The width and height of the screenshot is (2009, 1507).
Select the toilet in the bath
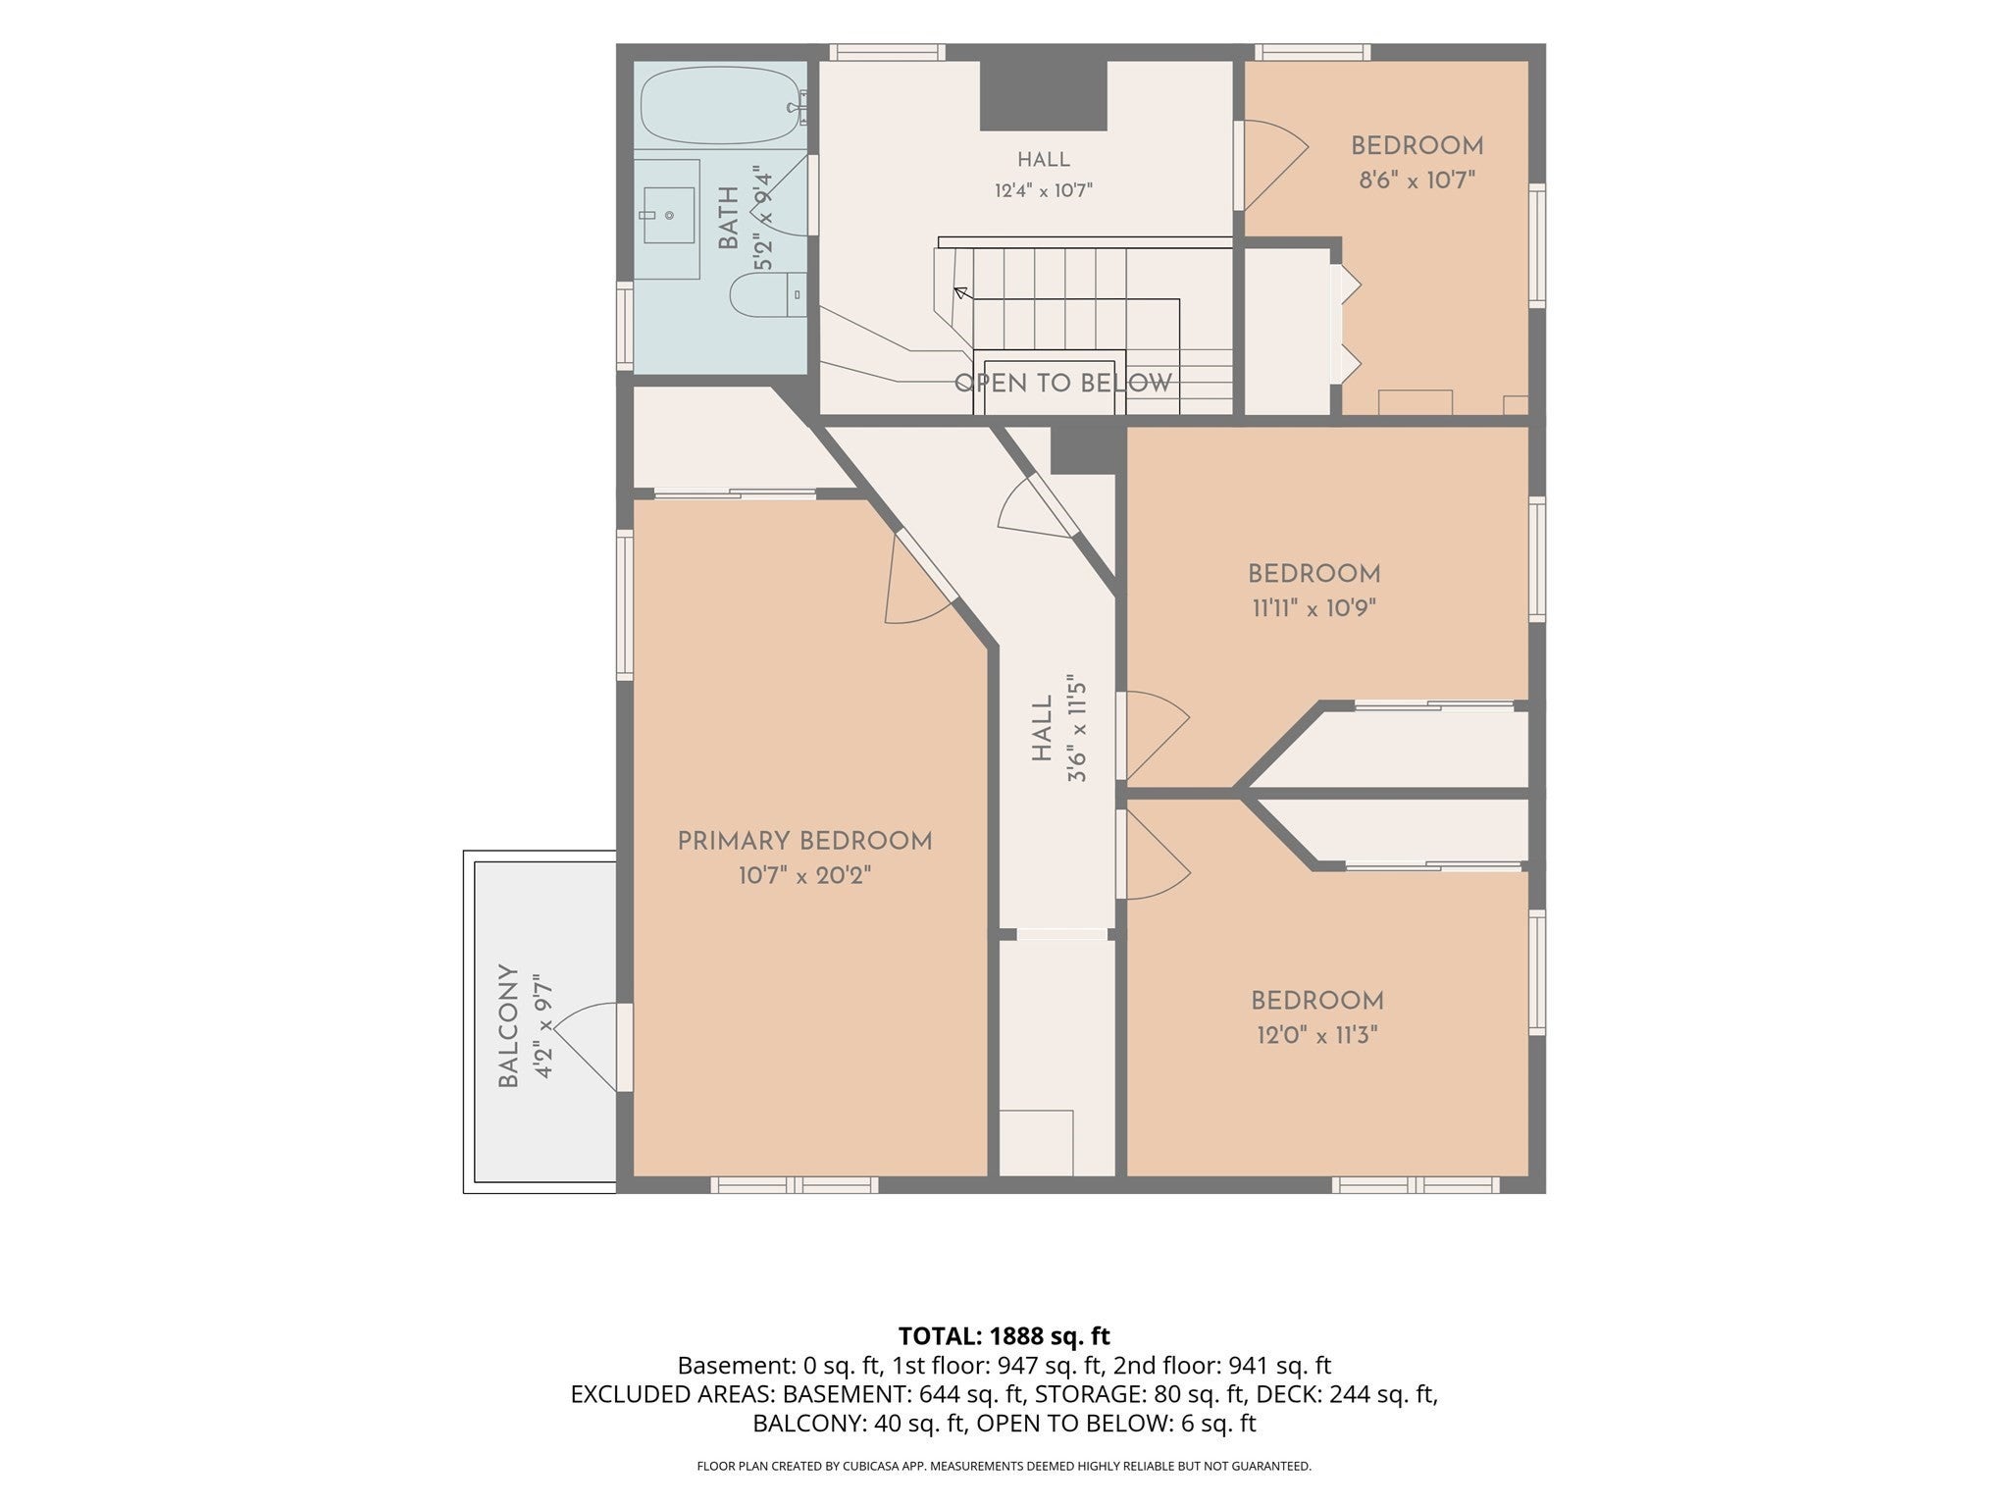(768, 294)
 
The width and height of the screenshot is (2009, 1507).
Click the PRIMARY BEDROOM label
(804, 841)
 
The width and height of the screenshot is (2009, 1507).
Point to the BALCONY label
(507, 1025)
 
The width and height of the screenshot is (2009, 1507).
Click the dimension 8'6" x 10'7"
(1417, 180)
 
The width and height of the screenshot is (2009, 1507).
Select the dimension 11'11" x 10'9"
(1314, 607)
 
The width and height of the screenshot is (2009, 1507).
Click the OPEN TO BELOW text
(1063, 383)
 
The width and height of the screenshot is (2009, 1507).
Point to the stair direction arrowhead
(960, 292)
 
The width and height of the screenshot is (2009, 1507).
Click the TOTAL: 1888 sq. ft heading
(1004, 1335)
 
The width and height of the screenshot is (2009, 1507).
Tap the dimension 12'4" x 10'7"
(1043, 189)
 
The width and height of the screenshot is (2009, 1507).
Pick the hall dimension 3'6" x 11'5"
(1077, 727)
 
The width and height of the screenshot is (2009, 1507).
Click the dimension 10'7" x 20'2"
(804, 875)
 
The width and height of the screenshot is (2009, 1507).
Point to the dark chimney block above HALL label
(1044, 94)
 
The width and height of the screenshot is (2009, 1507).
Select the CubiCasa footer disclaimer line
(1004, 1466)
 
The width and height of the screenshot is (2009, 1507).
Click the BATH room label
(728, 218)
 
